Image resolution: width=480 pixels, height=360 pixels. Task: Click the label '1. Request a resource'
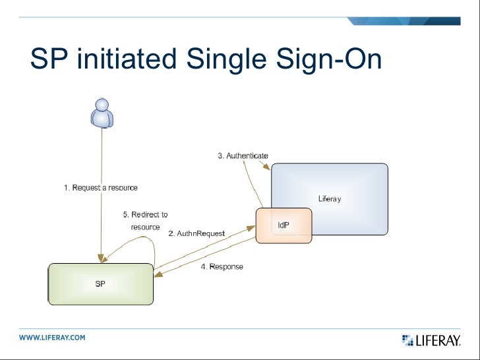click(x=101, y=188)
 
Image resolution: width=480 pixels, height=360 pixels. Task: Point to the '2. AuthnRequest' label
click(x=196, y=233)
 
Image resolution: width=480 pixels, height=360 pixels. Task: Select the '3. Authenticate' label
click(x=243, y=156)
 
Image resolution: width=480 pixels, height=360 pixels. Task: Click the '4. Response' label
click(x=222, y=266)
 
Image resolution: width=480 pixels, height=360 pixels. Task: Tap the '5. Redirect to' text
click(x=145, y=214)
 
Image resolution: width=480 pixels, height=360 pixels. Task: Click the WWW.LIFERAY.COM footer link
click(x=52, y=338)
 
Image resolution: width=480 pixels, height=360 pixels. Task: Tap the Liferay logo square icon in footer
click(x=407, y=340)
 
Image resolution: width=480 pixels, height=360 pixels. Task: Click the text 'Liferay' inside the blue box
click(x=330, y=198)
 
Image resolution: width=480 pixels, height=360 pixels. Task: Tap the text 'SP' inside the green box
click(x=100, y=284)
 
